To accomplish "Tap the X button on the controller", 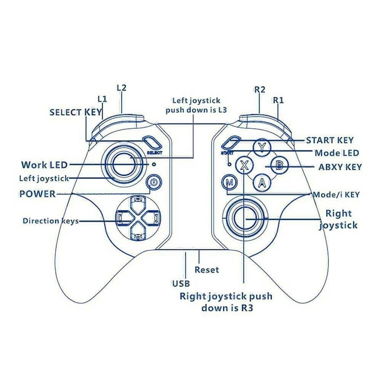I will pyautogui.click(x=245, y=164).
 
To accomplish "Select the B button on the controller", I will pyautogui.click(x=279, y=165).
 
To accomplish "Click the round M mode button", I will pyautogui.click(x=229, y=183).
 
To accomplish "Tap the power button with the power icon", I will pyautogui.click(x=155, y=183).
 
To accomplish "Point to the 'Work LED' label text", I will pyautogui.click(x=44, y=165).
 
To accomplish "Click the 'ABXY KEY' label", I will pyautogui.click(x=340, y=167).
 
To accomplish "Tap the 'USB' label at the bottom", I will pyautogui.click(x=181, y=283).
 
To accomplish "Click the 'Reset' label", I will pyautogui.click(x=206, y=270).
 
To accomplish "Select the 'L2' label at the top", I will pyautogui.click(x=121, y=88).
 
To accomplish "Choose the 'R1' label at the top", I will pyautogui.click(x=278, y=100).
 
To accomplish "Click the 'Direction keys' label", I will pyautogui.click(x=50, y=221).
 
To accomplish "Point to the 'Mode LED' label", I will pyautogui.click(x=337, y=153).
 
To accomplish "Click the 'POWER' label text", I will pyautogui.click(x=37, y=194).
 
